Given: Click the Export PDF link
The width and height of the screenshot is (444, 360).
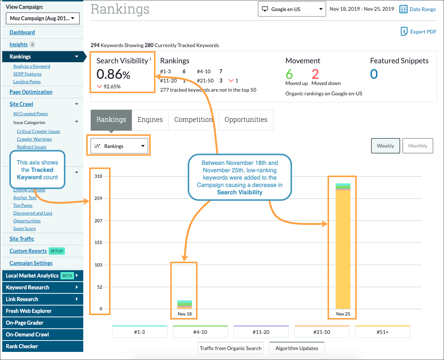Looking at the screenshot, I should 419,32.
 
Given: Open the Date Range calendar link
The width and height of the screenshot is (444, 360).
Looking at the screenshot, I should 418,9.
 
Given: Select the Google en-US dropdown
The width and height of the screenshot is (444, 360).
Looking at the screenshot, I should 292,9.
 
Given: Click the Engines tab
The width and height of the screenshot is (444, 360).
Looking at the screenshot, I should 150,120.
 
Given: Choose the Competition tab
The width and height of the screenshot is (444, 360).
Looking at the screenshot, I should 193,120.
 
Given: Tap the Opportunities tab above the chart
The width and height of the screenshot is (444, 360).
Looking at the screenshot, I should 246,120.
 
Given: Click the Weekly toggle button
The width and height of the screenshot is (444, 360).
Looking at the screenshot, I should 385,146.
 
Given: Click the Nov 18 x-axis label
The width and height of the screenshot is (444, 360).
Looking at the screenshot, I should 185,314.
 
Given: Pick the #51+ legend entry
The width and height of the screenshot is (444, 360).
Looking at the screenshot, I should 382,332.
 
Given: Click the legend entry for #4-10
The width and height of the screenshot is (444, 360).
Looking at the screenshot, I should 200,332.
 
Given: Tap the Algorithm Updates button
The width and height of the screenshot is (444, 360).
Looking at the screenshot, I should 297,348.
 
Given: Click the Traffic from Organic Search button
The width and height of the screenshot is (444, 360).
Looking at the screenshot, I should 231,348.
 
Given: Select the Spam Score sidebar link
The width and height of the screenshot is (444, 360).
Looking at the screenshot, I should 24,229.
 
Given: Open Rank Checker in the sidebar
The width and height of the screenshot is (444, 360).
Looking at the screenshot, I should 22,346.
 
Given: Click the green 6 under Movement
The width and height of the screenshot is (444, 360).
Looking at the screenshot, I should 289,74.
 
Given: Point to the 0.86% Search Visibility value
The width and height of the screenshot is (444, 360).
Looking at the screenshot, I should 113,75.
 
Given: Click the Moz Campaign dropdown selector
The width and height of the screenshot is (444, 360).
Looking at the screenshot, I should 42,18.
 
